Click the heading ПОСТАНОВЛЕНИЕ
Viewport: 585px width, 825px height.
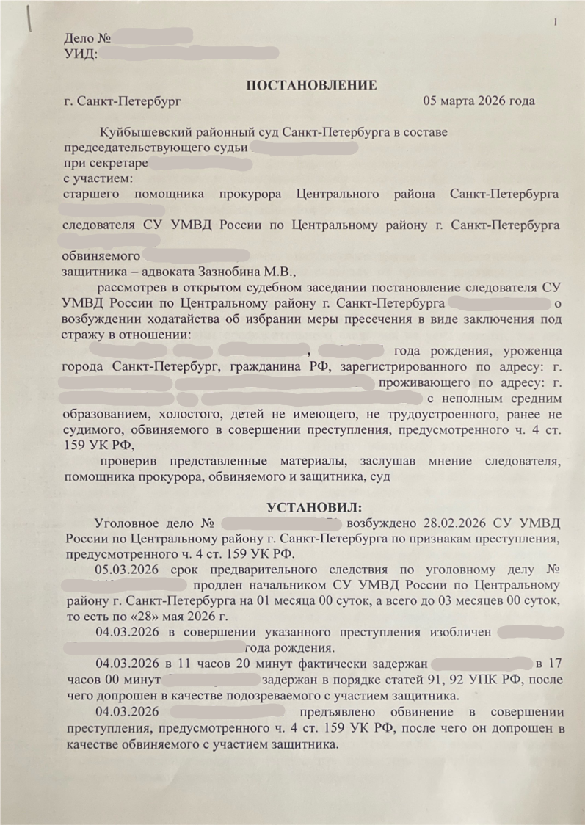pyautogui.click(x=311, y=85)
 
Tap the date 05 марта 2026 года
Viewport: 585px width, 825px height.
pyautogui.click(x=479, y=101)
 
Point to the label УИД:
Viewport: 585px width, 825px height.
pyautogui.click(x=80, y=52)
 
